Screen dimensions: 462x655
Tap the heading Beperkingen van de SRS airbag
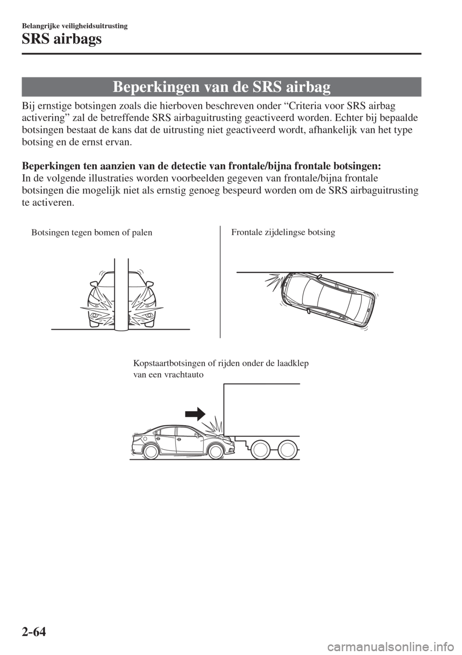(x=221, y=87)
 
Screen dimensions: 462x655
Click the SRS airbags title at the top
(x=62, y=38)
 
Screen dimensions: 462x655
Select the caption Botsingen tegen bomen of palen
(x=92, y=232)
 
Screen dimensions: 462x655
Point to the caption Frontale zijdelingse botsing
(x=283, y=232)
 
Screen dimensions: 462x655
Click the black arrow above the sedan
(x=196, y=414)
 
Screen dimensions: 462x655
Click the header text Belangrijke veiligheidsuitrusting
(x=75, y=26)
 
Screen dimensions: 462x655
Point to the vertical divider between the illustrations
(x=220, y=282)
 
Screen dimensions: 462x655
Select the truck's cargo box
(x=262, y=409)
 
